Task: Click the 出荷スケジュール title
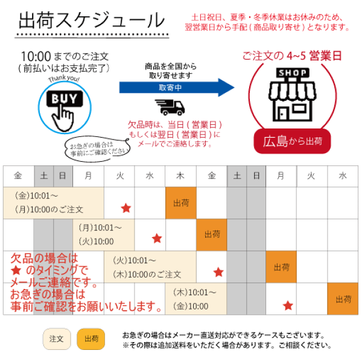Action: (x=92, y=21)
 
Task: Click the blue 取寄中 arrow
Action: (x=177, y=87)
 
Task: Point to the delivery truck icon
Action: (x=170, y=107)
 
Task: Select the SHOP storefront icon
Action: (x=292, y=95)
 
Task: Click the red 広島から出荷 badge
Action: (x=292, y=141)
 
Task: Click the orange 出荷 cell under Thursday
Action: (x=181, y=203)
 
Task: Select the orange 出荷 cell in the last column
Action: (x=343, y=299)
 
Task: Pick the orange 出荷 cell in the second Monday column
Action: (x=281, y=267)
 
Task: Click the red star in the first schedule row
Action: (x=126, y=208)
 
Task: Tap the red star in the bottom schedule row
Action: (x=288, y=305)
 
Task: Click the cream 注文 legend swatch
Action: (x=57, y=339)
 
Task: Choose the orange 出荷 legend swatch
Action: (x=91, y=339)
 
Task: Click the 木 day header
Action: (x=180, y=176)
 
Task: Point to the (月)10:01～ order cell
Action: (x=103, y=235)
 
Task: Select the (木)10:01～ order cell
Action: (x=195, y=299)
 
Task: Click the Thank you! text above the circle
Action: (x=64, y=78)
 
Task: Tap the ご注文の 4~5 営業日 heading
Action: (x=292, y=56)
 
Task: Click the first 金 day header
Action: (x=19, y=176)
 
